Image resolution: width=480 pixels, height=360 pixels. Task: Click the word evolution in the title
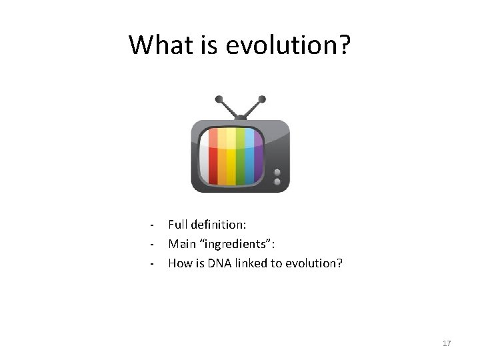click(288, 45)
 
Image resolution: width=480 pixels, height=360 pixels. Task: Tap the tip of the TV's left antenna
click(219, 99)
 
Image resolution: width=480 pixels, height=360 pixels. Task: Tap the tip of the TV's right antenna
click(262, 99)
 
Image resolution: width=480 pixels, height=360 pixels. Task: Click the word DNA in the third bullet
click(217, 263)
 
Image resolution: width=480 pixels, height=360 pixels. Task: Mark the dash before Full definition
click(153, 225)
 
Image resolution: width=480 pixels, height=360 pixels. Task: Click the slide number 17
click(447, 343)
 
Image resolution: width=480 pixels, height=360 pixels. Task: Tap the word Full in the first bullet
click(177, 225)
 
